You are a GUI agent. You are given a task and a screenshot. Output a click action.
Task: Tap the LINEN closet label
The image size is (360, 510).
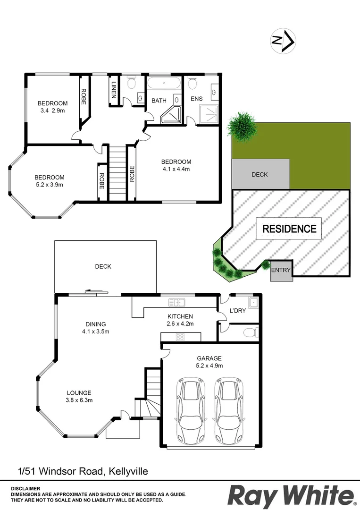pyautogui.click(x=114, y=89)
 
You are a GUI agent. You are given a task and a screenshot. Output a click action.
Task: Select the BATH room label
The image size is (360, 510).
pyautogui.click(x=159, y=101)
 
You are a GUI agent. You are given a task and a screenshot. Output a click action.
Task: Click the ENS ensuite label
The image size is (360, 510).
pyautogui.click(x=196, y=99)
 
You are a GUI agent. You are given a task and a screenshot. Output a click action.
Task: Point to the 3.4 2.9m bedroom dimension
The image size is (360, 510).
pyautogui.click(x=52, y=111)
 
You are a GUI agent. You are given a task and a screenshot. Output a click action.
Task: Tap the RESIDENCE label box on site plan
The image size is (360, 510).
pyautogui.click(x=289, y=229)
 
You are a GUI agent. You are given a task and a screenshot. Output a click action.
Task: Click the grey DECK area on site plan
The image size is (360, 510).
pyautogui.click(x=260, y=174)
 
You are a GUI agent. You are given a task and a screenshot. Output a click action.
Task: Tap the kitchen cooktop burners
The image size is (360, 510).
pyautogui.click(x=180, y=337)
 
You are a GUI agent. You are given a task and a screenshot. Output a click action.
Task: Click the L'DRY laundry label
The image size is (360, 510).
pyautogui.click(x=237, y=311)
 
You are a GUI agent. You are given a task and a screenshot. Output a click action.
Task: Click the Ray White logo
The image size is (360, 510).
pyautogui.click(x=291, y=496)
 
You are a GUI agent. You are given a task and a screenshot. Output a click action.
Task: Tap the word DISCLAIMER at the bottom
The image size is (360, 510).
pyautogui.click(x=26, y=488)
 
